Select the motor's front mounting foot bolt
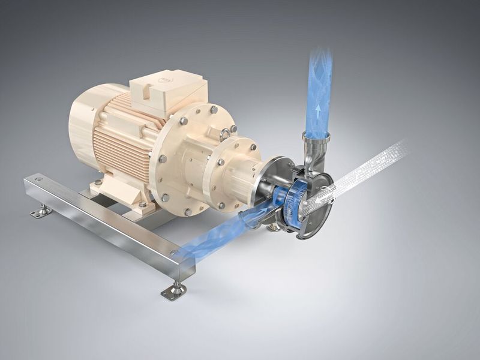142,204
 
